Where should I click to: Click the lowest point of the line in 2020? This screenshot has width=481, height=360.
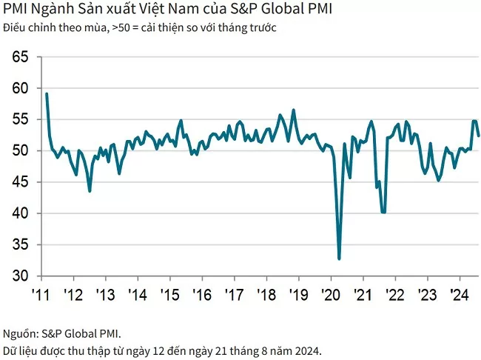pos(339,259)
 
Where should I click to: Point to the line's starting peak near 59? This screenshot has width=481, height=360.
pos(47,94)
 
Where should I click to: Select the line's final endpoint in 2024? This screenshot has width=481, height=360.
pos(479,136)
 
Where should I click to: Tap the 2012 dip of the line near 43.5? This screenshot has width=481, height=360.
pos(90,191)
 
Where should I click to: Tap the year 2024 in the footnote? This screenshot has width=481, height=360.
pos(308,350)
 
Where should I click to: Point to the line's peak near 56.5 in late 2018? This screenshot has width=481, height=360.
pos(294,110)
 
